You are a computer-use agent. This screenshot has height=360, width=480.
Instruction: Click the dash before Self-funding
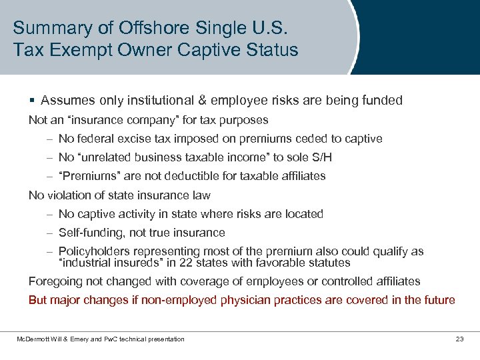coord(49,233)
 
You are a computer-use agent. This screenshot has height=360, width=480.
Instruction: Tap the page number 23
coord(459,339)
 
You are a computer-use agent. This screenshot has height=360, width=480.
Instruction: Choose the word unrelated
coord(107,157)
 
